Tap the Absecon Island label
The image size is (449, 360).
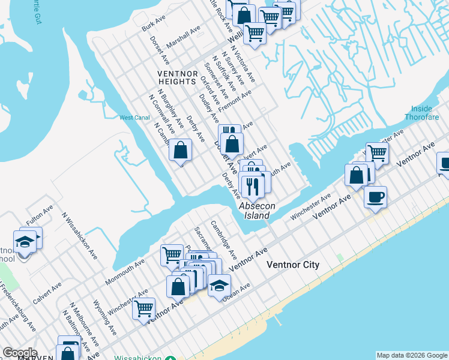(x=257, y=211)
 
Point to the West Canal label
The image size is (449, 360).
(x=134, y=118)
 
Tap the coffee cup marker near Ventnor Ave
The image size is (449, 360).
(x=375, y=197)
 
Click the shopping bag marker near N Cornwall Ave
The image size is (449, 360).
(x=180, y=151)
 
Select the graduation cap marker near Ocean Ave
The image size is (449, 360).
(x=220, y=285)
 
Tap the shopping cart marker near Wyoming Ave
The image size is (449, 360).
(x=143, y=309)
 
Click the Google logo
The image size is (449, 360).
(x=19, y=353)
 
